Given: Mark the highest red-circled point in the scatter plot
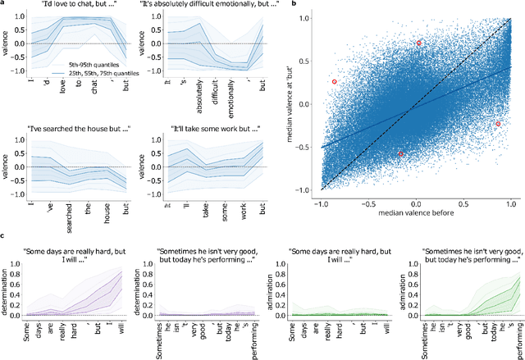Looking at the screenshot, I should pos(418,43).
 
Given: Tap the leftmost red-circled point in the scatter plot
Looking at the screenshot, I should pos(335,82).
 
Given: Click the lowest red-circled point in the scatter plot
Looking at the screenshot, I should pos(400,153).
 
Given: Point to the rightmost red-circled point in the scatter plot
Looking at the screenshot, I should pos(498,124).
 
